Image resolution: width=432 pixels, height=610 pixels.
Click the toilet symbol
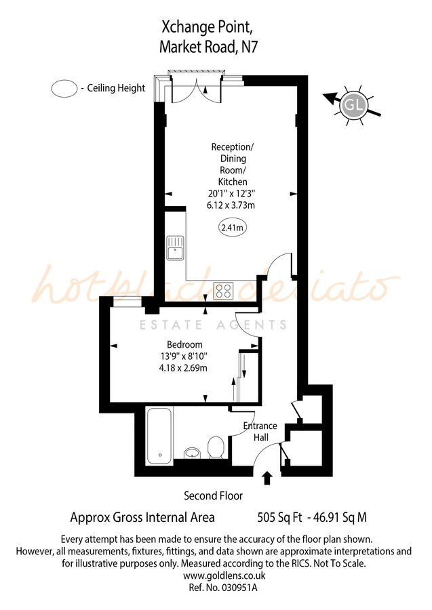216,447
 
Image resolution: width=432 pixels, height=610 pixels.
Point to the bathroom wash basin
193,453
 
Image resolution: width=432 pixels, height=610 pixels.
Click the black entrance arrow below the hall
267,478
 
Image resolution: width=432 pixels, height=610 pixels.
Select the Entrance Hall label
260,432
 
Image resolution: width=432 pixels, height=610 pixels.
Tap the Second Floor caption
213,496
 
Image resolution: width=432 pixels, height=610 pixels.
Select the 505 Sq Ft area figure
281,518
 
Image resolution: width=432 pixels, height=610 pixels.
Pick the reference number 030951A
234,588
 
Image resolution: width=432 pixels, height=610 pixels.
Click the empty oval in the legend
64,88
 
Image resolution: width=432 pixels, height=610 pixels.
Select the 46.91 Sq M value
339,518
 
